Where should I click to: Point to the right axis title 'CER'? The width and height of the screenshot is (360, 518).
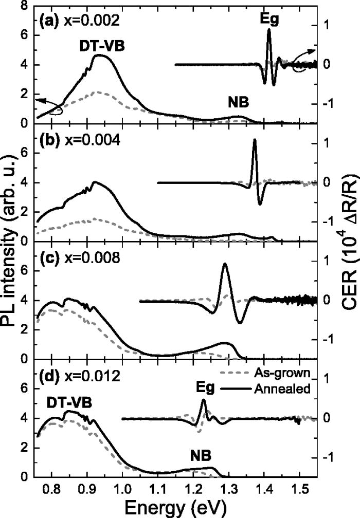click(349, 247)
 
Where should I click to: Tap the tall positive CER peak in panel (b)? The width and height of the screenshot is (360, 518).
click(254, 140)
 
